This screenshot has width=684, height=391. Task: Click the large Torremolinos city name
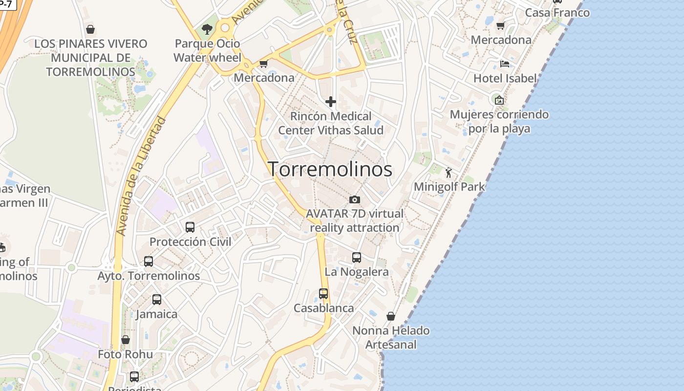(x=330, y=169)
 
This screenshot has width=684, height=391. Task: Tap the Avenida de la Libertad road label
(x=142, y=176)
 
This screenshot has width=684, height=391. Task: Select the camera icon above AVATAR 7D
(x=355, y=199)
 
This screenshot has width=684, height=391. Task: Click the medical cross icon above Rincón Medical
(x=331, y=102)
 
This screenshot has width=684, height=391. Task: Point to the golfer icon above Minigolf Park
(x=449, y=173)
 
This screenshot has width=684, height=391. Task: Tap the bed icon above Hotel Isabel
(x=505, y=64)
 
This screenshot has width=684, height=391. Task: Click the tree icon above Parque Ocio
(x=207, y=29)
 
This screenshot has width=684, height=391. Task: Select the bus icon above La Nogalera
(x=357, y=258)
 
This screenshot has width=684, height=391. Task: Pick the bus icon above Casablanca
(x=323, y=294)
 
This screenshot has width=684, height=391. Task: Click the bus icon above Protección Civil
(x=190, y=227)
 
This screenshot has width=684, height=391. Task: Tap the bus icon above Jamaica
(x=157, y=300)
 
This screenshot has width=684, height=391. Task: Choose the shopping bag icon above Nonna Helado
(x=391, y=316)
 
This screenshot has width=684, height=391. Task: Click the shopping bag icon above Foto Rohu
(x=126, y=340)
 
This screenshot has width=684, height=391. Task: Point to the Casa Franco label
(x=557, y=13)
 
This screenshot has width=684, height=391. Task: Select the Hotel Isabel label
(x=505, y=78)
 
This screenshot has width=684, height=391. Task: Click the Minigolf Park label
(x=449, y=187)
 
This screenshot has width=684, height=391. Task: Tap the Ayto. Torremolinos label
(x=149, y=276)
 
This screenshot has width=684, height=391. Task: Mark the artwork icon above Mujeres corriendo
(x=499, y=100)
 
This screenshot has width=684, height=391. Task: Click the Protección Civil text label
(x=191, y=242)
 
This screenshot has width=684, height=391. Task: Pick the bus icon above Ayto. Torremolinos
(x=149, y=261)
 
